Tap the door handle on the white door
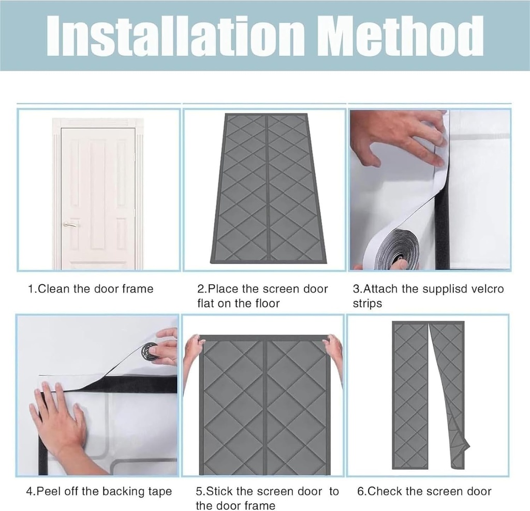pos(69,225)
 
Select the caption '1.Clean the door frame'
pos(91,289)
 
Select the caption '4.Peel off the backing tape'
pos(99,491)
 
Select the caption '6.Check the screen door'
pos(424,491)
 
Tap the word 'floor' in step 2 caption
pos(267,303)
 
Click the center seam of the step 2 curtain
pos(266,186)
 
